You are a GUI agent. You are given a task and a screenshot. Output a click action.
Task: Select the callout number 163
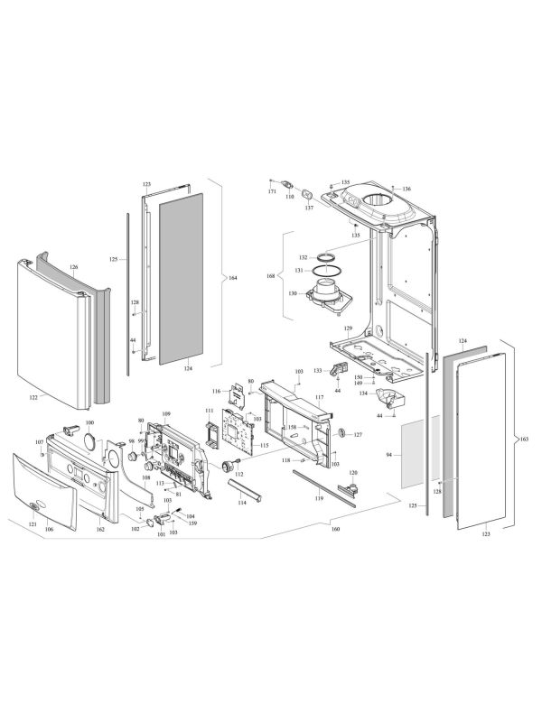524,440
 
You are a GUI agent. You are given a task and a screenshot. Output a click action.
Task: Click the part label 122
33,396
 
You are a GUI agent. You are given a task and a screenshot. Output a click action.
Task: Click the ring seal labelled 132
330,257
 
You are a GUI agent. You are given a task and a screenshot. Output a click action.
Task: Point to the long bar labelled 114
248,489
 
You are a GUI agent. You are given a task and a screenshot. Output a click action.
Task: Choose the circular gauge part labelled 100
89,440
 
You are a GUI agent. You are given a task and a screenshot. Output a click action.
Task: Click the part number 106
50,529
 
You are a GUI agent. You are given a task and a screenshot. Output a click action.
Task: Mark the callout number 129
348,329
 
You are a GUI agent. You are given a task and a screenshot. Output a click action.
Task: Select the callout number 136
406,189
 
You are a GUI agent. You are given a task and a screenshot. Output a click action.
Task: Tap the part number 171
272,192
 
